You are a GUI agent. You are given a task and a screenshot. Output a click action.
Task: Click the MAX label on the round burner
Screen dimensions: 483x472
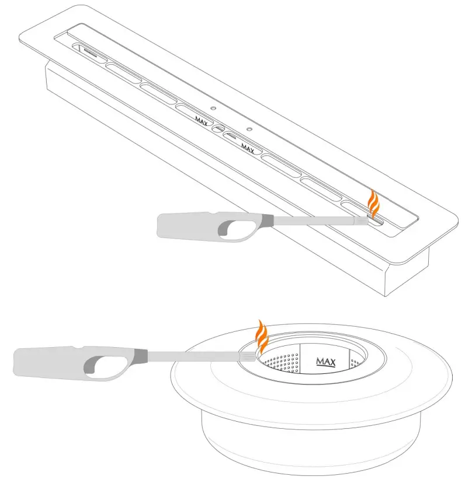click(325, 362)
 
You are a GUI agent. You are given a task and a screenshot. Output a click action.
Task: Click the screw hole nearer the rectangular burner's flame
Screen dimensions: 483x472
click(249, 128)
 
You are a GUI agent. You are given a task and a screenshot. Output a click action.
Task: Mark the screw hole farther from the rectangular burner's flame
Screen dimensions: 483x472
click(214, 108)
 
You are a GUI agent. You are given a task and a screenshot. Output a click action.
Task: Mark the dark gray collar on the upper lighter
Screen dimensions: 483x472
click(264, 221)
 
